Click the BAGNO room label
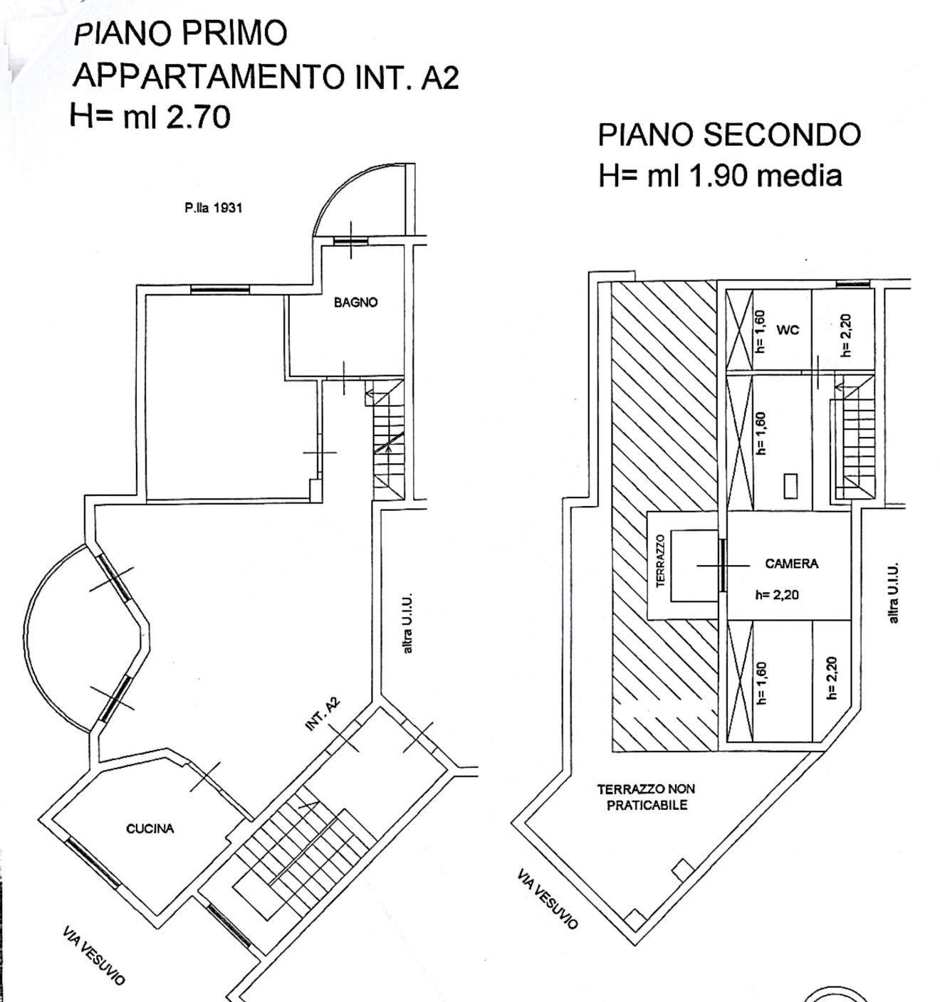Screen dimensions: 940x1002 [355, 302]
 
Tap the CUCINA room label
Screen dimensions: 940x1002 [150, 828]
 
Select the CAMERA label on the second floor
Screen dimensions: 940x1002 [791, 564]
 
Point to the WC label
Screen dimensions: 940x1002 [788, 330]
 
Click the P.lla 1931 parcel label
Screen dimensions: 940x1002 [213, 208]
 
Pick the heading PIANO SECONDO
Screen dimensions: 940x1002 [729, 135]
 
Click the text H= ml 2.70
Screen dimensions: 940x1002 [150, 116]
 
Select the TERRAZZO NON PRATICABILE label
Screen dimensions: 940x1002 [647, 796]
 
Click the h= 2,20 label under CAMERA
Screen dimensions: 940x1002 [777, 595]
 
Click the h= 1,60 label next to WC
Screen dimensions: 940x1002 [762, 331]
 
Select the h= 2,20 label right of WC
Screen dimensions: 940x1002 [846, 335]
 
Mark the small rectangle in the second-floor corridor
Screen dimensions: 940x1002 [790, 486]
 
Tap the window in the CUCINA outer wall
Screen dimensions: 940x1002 [93, 863]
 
